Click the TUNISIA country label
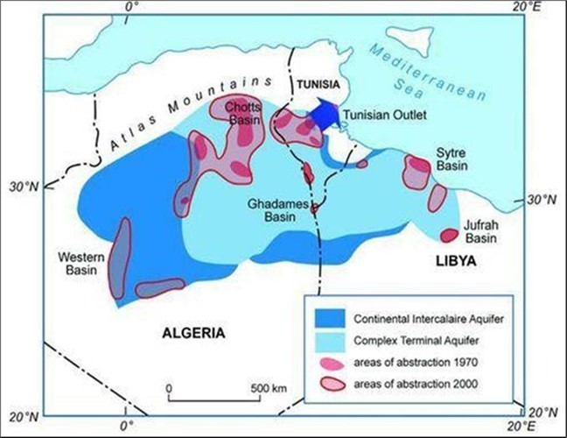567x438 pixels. point(316,85)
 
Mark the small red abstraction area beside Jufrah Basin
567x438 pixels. point(448,235)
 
